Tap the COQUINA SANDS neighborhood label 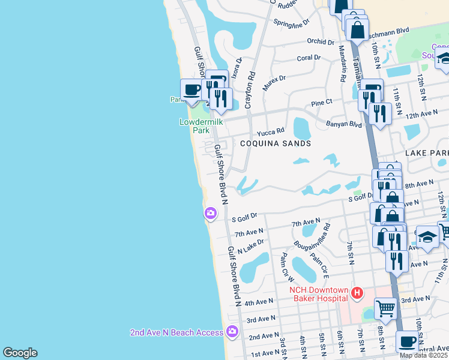276,143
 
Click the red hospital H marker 358,293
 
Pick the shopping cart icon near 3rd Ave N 385,308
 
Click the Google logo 20,353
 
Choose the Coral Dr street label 309,58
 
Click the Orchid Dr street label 320,42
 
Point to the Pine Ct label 322,103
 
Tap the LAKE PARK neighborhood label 427,154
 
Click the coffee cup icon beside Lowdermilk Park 192,91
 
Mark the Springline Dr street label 291,22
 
